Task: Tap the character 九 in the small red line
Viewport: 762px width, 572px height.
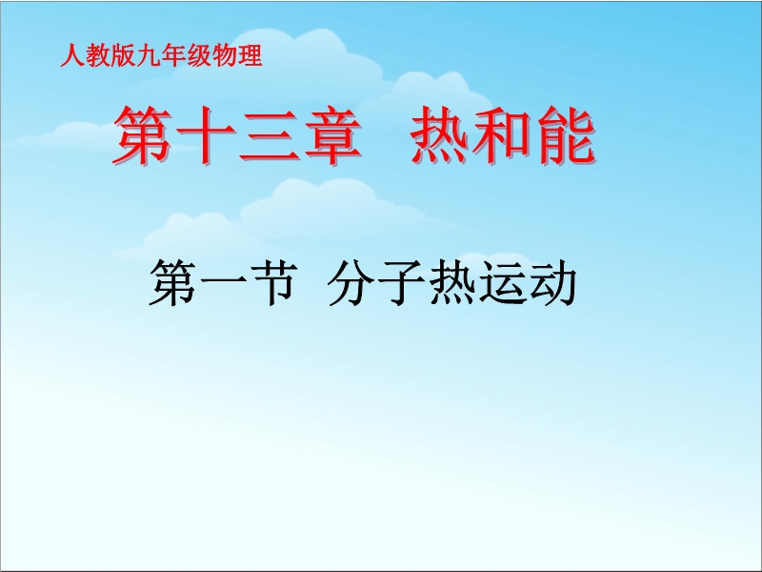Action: [x=149, y=55]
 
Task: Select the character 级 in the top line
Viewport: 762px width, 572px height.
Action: [x=199, y=55]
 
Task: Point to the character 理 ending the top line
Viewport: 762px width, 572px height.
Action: [x=250, y=55]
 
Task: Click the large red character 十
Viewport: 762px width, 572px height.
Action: [x=207, y=134]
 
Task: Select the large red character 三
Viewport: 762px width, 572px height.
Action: [x=270, y=135]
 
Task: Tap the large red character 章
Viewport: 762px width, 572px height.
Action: [x=332, y=134]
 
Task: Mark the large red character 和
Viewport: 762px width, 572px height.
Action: [x=502, y=134]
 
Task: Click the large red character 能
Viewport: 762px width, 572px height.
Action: [x=565, y=134]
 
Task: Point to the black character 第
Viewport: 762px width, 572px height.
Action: [x=172, y=282]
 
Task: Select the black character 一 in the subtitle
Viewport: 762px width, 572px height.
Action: [x=223, y=282]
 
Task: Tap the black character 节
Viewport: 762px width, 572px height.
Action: [x=273, y=282]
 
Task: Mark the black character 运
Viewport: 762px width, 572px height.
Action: [x=503, y=282]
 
